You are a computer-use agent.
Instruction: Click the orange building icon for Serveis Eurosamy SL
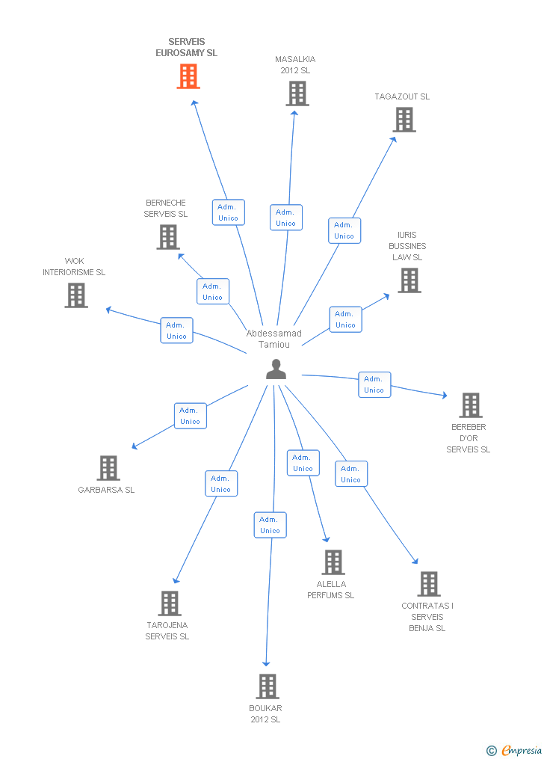[x=188, y=76]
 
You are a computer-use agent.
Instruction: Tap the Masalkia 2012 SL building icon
[x=297, y=93]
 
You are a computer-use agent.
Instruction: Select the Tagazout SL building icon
[x=404, y=120]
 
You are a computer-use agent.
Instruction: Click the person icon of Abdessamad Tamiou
[x=276, y=369]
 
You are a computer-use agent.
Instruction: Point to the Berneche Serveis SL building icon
[x=168, y=237]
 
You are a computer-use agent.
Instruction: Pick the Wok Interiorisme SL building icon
[x=75, y=295]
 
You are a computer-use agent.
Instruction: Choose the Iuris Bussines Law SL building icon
[x=409, y=280]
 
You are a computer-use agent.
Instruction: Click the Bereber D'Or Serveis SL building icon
[x=470, y=405]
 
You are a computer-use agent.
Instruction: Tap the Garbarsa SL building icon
[x=108, y=468]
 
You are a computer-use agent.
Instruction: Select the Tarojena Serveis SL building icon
[x=170, y=603]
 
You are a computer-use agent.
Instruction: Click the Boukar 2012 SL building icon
[x=267, y=686]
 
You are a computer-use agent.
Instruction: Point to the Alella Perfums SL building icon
[x=333, y=562]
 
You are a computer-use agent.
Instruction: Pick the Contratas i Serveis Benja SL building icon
[x=428, y=584]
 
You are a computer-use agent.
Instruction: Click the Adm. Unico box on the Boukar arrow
[x=270, y=525]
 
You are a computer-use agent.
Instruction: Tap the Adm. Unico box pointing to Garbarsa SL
[x=190, y=416]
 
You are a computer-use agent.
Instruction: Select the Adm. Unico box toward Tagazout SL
[x=344, y=230]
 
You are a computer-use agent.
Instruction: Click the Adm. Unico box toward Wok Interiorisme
[x=176, y=331]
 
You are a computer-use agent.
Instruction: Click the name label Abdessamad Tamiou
[x=274, y=339]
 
